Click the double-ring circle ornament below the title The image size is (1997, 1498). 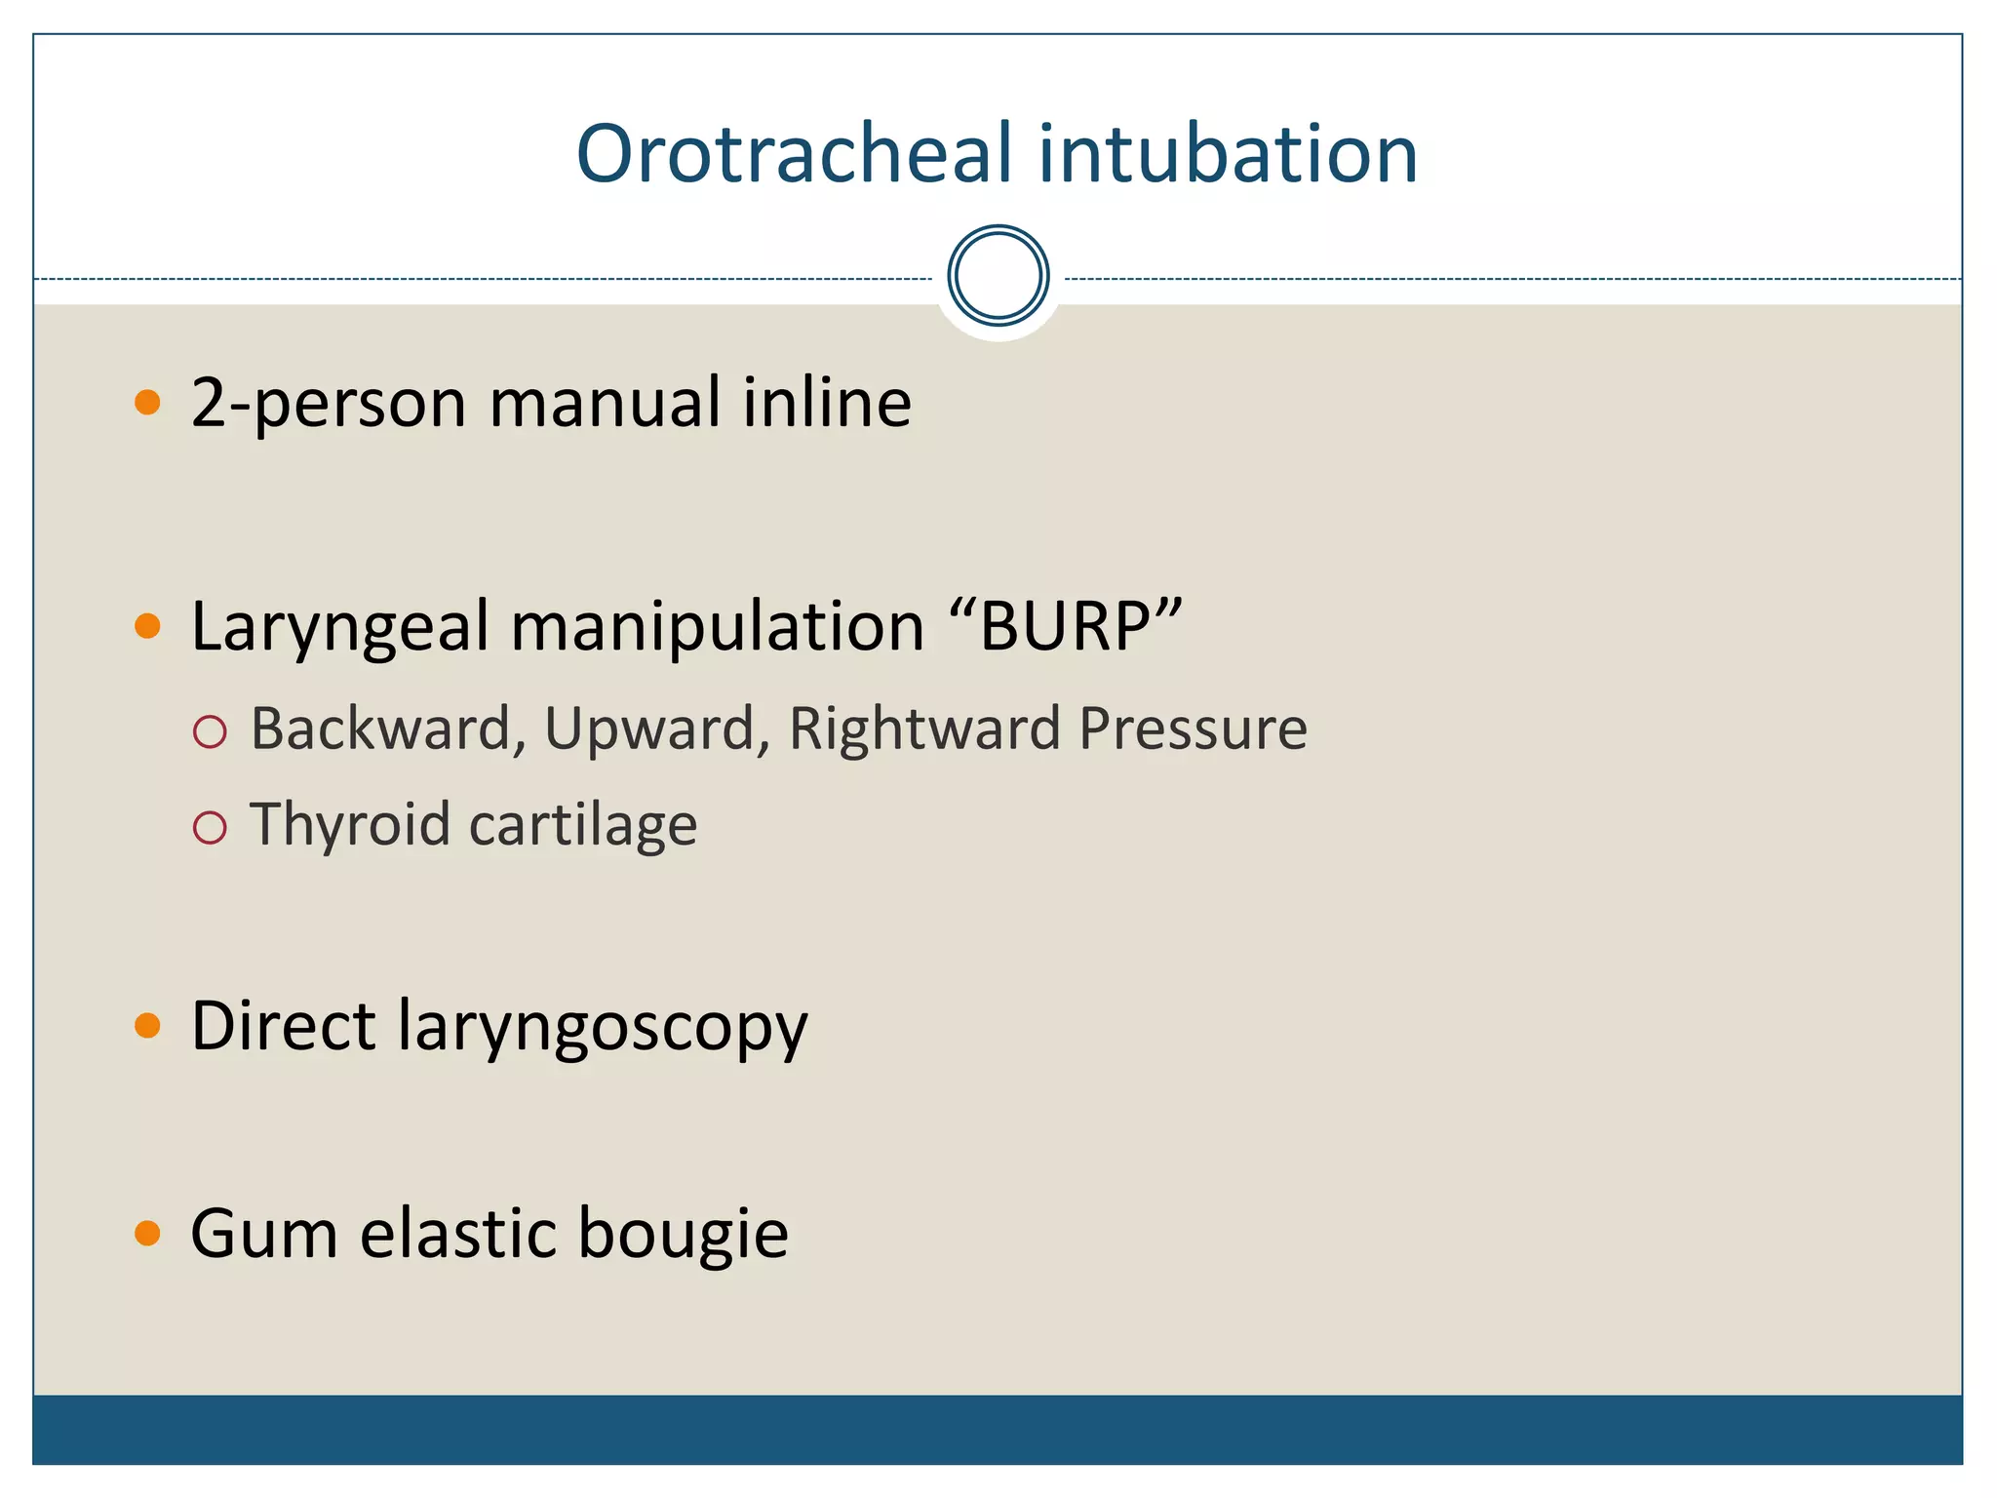[x=998, y=276]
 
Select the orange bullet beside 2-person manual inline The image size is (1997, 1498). [x=147, y=402]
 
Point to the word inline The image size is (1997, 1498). [x=826, y=402]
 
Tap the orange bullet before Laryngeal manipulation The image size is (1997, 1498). [x=147, y=625]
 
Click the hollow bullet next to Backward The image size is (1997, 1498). [x=210, y=731]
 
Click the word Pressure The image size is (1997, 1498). [x=1193, y=729]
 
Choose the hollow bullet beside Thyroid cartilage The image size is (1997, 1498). [x=210, y=828]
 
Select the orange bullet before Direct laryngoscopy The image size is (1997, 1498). [x=147, y=1025]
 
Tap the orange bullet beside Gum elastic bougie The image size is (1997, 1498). [x=147, y=1233]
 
